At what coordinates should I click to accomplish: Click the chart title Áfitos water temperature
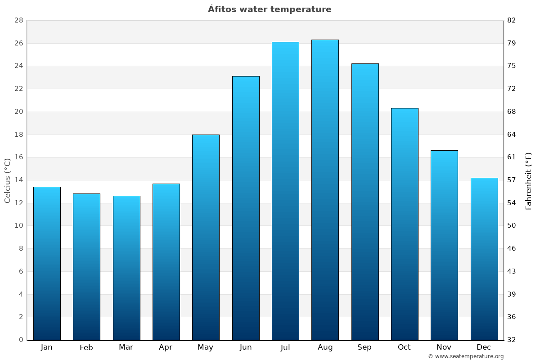coord(270,9)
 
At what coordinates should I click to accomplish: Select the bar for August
coord(325,189)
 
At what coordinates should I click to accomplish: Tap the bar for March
coord(126,268)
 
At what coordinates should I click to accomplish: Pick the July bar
coord(285,191)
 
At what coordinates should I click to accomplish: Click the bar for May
coord(206,237)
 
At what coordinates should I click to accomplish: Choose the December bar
coord(484,259)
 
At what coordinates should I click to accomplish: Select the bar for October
coord(405,224)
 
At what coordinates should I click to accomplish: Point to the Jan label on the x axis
coord(47,347)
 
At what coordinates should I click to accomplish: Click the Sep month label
coord(364,347)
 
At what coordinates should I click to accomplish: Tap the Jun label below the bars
coord(246,347)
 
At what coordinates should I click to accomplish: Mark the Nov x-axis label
coord(444,347)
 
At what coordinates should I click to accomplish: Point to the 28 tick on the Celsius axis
coord(18,21)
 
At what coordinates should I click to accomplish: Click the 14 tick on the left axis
coord(18,180)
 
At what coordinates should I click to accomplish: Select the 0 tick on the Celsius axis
coord(21,340)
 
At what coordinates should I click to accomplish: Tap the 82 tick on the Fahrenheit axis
coord(512,21)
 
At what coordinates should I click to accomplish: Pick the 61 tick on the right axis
coord(512,157)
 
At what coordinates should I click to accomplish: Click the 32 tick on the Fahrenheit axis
coord(512,340)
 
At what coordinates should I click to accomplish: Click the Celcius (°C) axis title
coord(7,180)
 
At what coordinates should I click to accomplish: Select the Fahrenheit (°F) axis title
coord(529,180)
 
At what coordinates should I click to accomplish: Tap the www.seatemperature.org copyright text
coord(466,356)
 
